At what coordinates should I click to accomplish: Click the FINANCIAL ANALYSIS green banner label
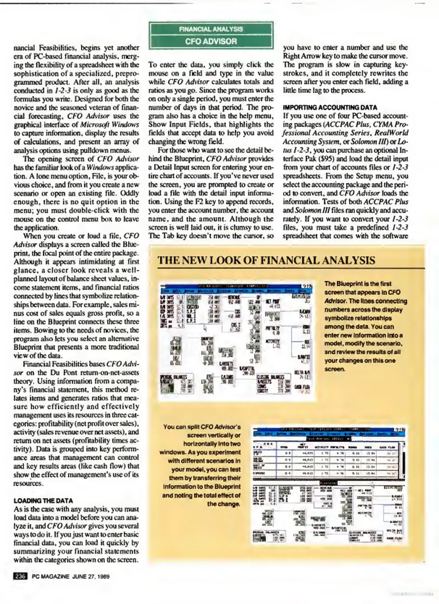211,29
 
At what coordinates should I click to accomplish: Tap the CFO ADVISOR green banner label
211,41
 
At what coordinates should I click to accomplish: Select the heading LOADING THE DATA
43,501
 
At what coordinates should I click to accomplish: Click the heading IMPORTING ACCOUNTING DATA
330,107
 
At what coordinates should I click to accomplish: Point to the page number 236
20,576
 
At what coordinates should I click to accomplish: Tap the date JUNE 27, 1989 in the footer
91,577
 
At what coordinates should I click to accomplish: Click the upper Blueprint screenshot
237,341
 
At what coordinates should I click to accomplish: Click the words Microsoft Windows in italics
109,124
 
